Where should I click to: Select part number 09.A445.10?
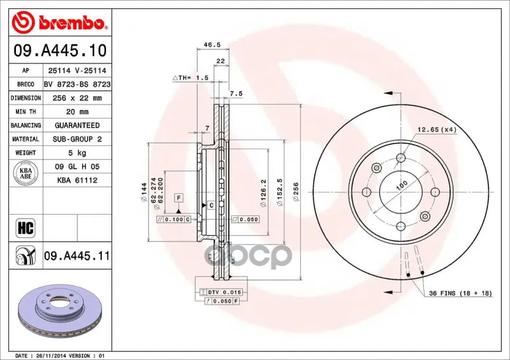click(60, 51)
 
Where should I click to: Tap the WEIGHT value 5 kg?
click(77, 153)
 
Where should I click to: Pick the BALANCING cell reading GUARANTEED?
click(77, 126)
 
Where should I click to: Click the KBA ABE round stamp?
click(25, 173)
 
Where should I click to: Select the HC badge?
click(25, 228)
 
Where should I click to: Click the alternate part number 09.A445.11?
click(77, 256)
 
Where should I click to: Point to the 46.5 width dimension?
click(212, 45)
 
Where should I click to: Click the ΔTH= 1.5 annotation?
click(190, 78)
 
